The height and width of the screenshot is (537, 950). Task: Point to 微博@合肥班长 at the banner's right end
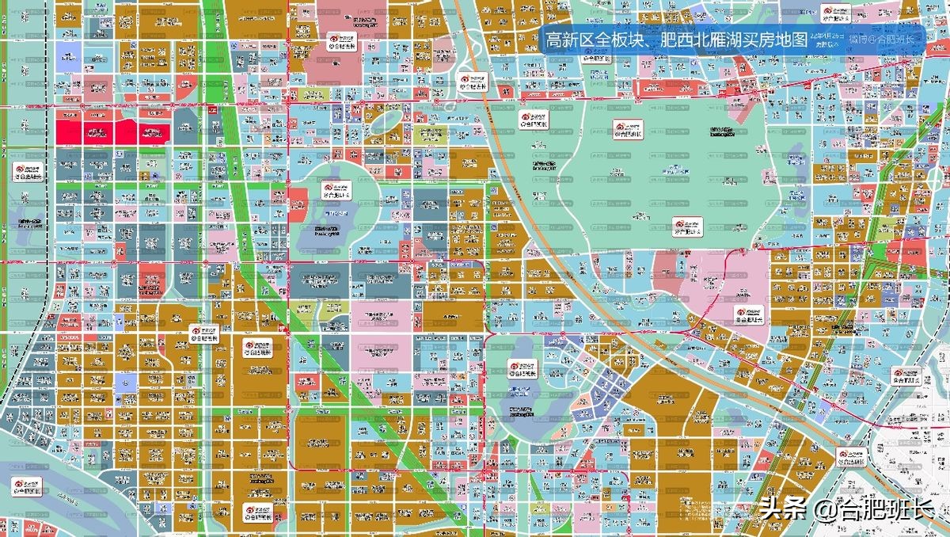pos(880,39)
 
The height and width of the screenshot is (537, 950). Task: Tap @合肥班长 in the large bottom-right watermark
pos(875,509)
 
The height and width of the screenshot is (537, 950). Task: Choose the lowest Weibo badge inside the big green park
pos(688,227)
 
